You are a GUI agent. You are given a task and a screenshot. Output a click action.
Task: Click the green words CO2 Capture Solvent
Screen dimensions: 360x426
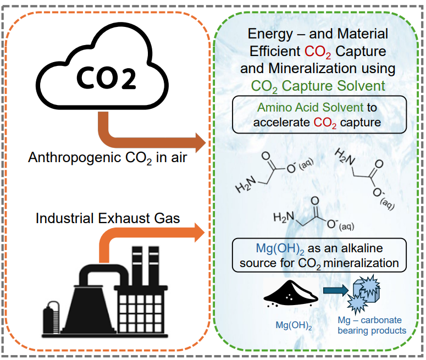pos(318,86)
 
